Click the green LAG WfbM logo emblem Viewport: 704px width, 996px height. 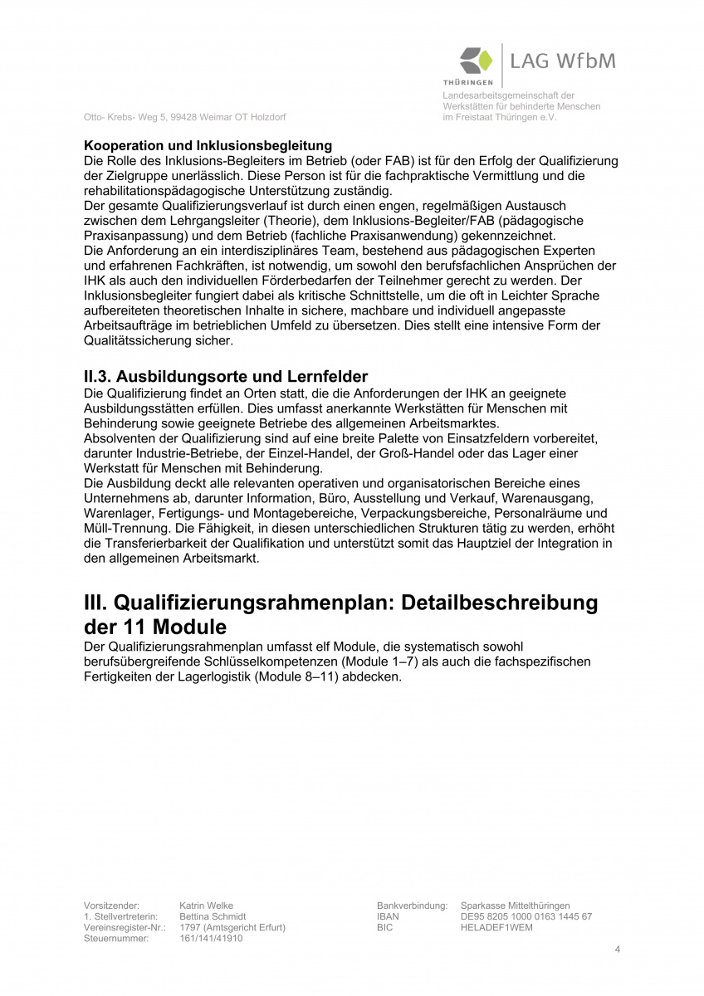pyautogui.click(x=476, y=62)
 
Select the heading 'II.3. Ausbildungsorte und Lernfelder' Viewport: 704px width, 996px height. pyautogui.click(x=226, y=377)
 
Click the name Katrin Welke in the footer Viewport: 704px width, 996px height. pyautogui.click(x=206, y=906)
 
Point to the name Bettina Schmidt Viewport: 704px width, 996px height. pyautogui.click(x=213, y=916)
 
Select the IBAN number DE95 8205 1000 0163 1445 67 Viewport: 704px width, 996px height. pyautogui.click(x=526, y=916)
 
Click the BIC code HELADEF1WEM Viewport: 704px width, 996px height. pyautogui.click(x=496, y=927)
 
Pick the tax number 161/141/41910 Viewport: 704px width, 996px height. pyautogui.click(x=211, y=938)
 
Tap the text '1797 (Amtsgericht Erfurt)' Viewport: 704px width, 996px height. pyautogui.click(x=232, y=927)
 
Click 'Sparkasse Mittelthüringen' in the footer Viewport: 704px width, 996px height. pyautogui.click(x=515, y=906)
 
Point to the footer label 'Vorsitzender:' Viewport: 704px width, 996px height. pyautogui.click(x=111, y=906)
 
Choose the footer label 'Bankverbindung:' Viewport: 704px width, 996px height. pyautogui.click(x=412, y=906)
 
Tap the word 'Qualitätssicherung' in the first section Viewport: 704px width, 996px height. pyautogui.click(x=137, y=340)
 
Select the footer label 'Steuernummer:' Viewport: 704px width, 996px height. pyautogui.click(x=116, y=938)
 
